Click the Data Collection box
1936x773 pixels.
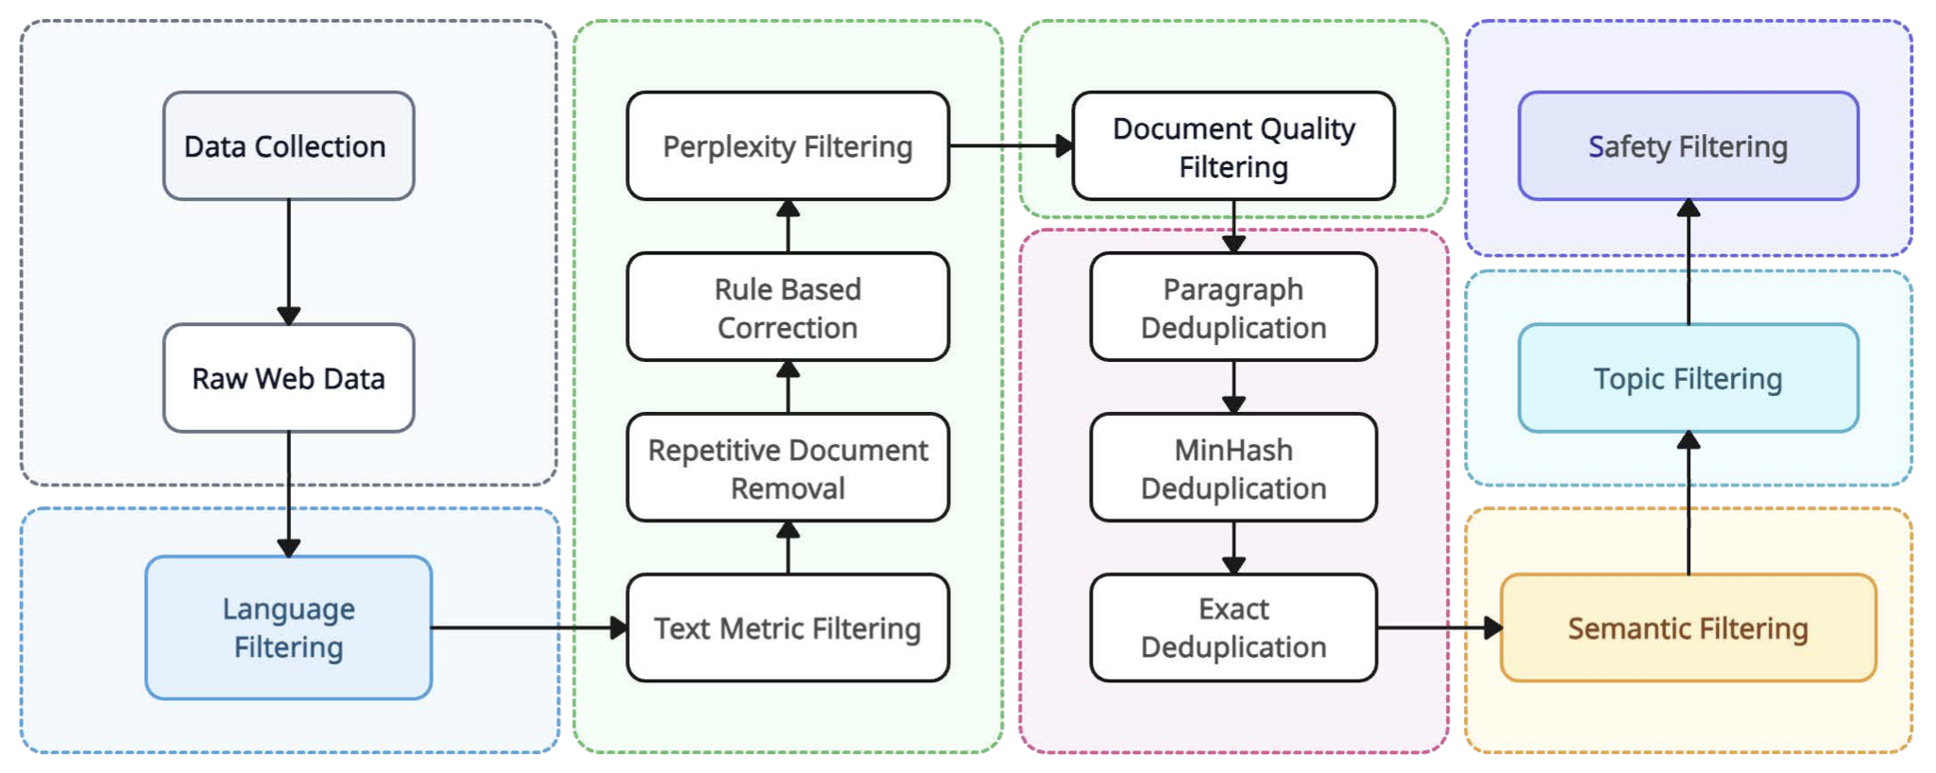point(289,146)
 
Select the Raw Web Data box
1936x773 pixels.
point(289,378)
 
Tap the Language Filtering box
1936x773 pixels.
point(289,627)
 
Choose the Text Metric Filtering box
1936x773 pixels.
point(788,627)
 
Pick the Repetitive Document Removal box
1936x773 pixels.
point(788,467)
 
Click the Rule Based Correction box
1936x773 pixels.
point(788,306)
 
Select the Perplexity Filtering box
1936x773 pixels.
point(788,146)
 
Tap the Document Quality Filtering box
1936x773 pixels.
point(1233,146)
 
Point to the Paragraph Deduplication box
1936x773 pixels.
point(1233,306)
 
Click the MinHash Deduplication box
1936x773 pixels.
point(1233,467)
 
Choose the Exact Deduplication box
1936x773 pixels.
point(1233,627)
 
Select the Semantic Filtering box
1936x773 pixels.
point(1689,627)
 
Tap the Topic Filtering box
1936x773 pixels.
point(1689,378)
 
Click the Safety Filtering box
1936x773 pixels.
point(1689,146)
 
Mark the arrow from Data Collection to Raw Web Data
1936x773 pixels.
point(289,262)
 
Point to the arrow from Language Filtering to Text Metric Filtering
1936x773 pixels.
point(530,627)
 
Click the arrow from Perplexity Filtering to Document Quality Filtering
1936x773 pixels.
point(1011,146)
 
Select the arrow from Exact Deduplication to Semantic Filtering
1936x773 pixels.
point(1439,627)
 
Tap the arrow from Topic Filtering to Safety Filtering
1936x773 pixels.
point(1689,262)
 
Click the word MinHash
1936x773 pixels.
point(1233,450)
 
